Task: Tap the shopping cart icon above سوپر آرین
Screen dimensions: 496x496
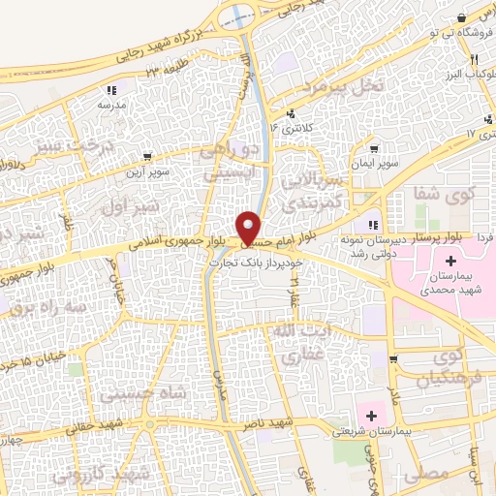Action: [146, 156]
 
